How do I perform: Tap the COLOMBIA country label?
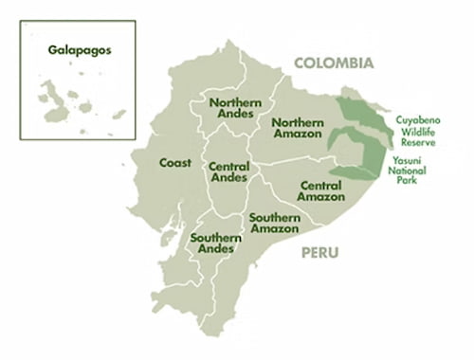334,63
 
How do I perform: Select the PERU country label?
320,253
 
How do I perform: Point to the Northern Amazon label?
297,129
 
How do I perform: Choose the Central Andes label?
228,171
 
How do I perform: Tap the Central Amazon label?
320,190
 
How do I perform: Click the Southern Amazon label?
275,224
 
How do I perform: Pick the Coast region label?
175,163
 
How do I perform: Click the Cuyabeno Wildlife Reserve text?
422,133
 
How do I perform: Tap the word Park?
408,181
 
